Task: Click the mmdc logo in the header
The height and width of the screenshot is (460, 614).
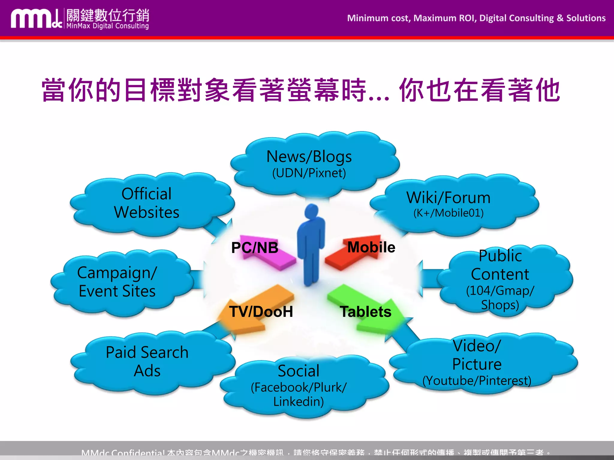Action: pos(36,19)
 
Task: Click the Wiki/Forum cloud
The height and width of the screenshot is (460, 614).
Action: pos(448,204)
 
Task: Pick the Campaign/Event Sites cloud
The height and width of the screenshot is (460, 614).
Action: pos(117,282)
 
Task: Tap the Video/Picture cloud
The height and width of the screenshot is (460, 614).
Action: pos(477,362)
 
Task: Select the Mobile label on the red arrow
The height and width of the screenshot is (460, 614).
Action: pos(371,247)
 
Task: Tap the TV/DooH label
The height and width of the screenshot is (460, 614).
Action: pos(261,312)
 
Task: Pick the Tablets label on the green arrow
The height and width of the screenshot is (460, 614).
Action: pos(365,312)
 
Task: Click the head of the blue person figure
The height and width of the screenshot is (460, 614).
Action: pos(312,211)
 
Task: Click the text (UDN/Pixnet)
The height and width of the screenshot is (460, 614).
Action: pos(309,173)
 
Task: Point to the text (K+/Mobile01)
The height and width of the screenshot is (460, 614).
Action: pos(448,213)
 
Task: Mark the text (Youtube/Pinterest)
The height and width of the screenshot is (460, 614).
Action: pos(477,381)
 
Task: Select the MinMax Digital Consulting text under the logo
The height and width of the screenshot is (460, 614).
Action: pos(108,26)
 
